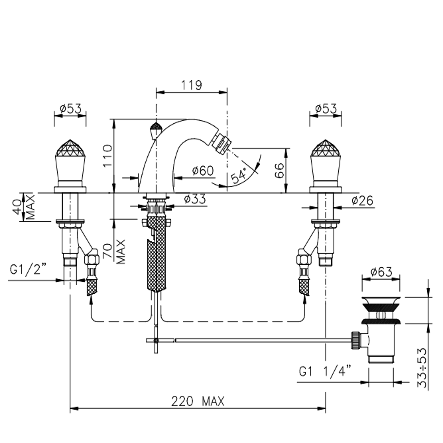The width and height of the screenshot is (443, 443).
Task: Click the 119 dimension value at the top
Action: [192, 85]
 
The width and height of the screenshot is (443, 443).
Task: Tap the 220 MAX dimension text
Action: [198, 401]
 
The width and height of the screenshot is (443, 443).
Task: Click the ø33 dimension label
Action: [195, 199]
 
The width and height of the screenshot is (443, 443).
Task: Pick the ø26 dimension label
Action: [362, 200]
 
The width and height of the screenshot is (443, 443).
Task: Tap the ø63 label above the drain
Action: [381, 272]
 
